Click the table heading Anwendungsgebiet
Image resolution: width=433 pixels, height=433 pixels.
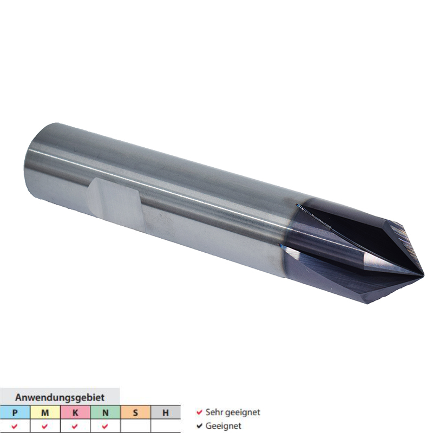point(60,397)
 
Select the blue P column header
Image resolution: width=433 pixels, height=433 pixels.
point(15,413)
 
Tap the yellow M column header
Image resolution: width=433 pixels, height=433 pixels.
point(45,413)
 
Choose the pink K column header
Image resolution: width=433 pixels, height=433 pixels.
point(75,413)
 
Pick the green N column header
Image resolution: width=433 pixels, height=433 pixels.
point(105,413)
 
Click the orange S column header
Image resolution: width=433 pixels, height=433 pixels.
point(135,413)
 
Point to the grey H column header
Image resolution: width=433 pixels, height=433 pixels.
point(166,413)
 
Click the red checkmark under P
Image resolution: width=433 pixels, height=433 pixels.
point(15,427)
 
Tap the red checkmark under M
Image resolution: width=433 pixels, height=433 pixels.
point(45,427)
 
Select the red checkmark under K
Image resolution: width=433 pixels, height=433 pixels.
point(75,427)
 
